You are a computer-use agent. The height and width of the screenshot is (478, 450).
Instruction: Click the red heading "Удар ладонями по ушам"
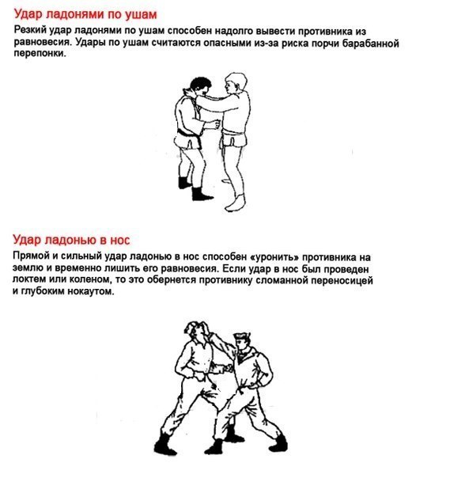coord(85,14)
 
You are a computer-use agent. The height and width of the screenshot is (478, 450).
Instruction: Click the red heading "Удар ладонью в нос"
coord(71,240)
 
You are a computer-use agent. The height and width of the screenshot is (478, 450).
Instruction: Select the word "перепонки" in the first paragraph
coord(40,54)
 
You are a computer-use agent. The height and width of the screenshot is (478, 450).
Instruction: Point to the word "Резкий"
coord(30,31)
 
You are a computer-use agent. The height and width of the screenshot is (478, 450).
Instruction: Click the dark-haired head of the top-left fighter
coord(200,86)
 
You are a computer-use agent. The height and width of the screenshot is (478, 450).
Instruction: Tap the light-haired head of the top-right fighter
coord(236,82)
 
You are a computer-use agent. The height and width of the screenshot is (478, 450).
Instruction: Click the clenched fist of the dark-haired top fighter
coord(216,123)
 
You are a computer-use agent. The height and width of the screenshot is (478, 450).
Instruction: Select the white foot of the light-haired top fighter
coord(236,203)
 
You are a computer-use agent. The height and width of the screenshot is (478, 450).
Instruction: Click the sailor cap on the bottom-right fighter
coord(242,336)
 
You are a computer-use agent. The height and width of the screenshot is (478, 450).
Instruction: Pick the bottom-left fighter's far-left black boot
coord(164,444)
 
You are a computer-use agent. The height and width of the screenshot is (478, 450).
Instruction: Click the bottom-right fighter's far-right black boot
coord(278,443)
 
